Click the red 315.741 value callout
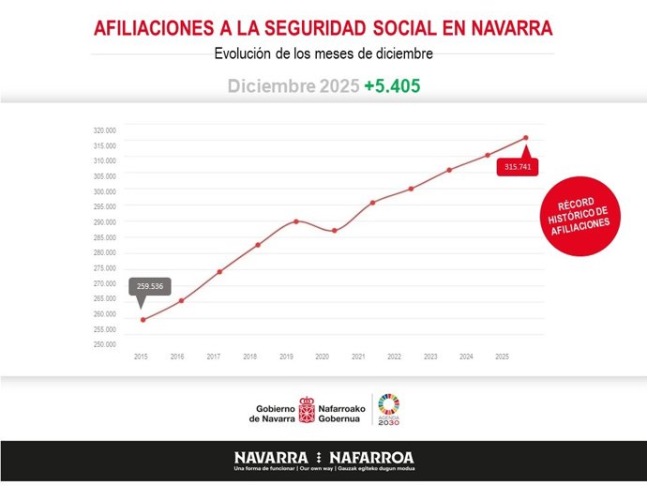517,167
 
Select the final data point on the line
525,138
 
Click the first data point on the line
143,320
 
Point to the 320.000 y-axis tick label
104,130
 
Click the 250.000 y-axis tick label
104,344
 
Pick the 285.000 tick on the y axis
104,237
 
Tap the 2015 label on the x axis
141,357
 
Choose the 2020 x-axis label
322,357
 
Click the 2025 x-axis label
502,357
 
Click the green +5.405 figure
392,86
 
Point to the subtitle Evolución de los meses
323,53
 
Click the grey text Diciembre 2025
293,86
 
